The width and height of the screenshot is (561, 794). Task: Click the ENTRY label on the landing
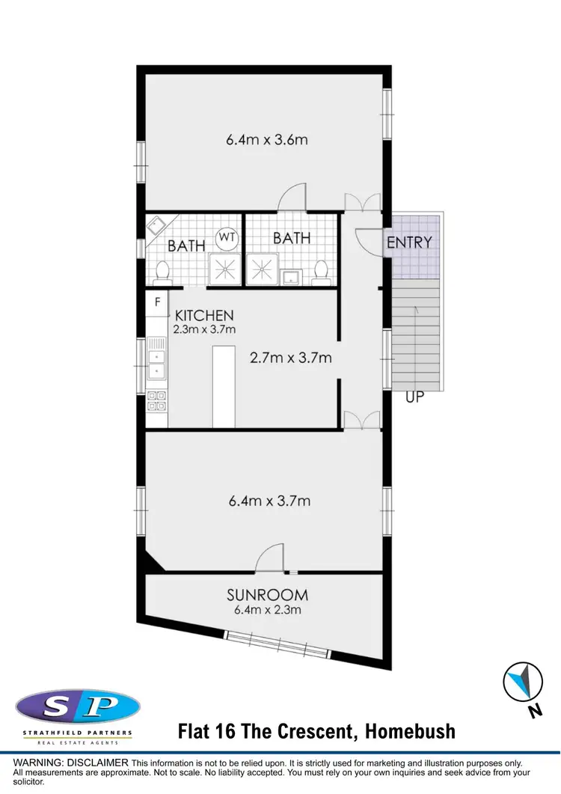point(409,242)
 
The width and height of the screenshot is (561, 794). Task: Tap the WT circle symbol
point(226,239)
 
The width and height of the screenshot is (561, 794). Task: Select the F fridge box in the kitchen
point(157,302)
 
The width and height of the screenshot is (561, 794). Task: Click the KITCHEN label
point(204,316)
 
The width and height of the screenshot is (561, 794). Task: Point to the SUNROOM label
point(267,596)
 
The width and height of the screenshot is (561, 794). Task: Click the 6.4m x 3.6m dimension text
point(267,139)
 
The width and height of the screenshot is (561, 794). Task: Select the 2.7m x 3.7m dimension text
point(290,358)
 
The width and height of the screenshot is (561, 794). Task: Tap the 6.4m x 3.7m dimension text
point(269,501)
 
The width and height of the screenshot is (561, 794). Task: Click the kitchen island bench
point(224,386)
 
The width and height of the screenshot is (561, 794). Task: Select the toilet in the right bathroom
point(321,271)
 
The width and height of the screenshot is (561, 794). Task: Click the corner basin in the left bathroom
point(157,225)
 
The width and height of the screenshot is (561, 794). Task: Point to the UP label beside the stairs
point(414,397)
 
